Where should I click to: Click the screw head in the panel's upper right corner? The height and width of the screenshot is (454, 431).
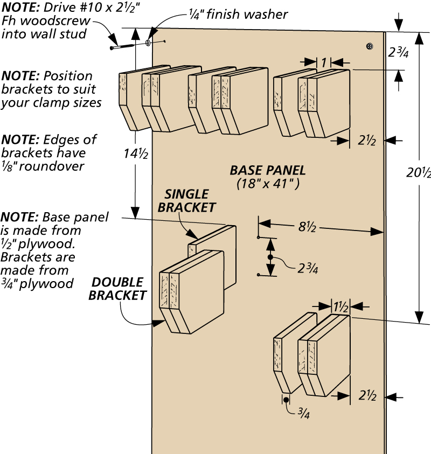point(370,47)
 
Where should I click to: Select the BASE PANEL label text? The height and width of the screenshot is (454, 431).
point(268,171)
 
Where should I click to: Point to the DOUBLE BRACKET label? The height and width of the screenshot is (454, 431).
point(117,288)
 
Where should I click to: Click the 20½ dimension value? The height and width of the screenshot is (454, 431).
point(419,173)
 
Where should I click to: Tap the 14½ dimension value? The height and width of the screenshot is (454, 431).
point(134,153)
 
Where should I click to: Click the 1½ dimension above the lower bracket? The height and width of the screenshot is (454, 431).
point(341,306)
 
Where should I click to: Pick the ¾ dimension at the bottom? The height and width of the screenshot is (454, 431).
point(303,413)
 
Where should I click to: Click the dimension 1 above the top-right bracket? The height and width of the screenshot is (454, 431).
point(324,62)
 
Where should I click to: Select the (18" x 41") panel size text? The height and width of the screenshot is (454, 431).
point(268,183)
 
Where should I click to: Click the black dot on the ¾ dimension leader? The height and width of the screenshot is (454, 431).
point(286,400)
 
